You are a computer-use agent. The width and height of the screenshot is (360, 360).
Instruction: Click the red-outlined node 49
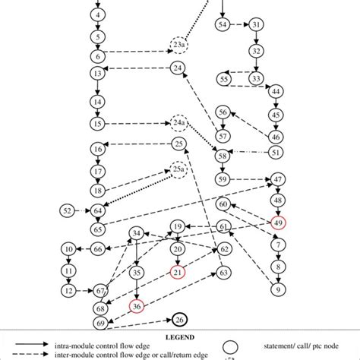pos(279,222)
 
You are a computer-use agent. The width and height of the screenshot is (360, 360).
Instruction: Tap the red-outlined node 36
pos(137,306)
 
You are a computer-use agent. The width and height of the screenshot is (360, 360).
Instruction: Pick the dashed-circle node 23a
pos(179,46)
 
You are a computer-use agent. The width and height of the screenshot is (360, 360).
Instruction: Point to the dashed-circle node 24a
pos(178,122)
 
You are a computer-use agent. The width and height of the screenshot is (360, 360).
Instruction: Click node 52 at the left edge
pos(68,210)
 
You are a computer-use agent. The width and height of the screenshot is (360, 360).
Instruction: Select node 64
pos(97,210)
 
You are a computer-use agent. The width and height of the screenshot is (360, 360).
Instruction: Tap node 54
pos(223,25)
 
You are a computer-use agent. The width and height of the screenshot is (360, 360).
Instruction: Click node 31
pos(257,25)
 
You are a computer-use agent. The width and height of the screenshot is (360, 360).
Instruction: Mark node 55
pos(223,79)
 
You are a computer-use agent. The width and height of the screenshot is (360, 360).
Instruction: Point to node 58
pos(223,156)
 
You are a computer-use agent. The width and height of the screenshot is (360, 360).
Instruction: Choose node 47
pos(279,179)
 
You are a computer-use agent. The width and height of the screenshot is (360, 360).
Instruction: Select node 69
pos(100,324)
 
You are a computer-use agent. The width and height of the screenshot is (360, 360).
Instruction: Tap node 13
pos(97,74)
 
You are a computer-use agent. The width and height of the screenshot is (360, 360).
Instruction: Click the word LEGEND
pos(179,336)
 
